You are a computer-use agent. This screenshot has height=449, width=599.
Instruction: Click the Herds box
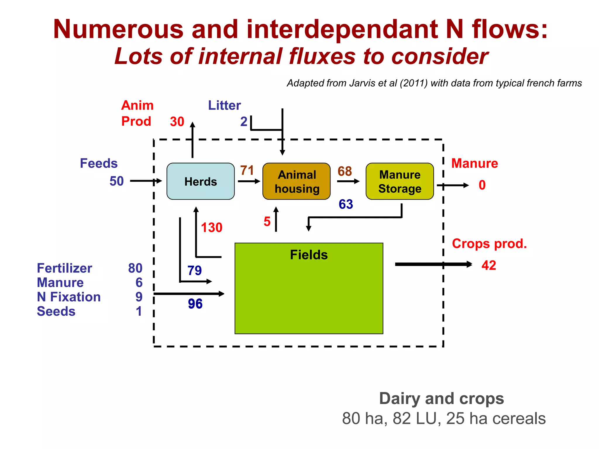[200, 182]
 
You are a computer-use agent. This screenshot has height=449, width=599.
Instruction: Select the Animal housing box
[297, 182]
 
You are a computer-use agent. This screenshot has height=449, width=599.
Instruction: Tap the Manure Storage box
[400, 182]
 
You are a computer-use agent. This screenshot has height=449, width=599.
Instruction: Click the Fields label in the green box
[309, 255]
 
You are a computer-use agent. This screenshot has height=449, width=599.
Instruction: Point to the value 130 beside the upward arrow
[211, 227]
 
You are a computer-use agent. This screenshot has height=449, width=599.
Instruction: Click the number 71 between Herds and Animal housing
[247, 170]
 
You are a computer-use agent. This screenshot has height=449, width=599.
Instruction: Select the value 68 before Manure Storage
[345, 171]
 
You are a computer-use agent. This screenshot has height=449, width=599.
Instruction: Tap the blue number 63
[346, 204]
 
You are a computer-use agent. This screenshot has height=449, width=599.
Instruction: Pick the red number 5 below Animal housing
[267, 222]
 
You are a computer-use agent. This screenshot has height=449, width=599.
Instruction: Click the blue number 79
[194, 270]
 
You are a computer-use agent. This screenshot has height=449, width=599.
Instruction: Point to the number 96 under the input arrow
[195, 304]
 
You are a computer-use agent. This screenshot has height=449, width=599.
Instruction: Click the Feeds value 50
[116, 181]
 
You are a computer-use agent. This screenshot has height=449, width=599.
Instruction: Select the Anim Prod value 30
[177, 122]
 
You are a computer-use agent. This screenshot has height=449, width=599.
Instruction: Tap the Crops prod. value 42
[489, 265]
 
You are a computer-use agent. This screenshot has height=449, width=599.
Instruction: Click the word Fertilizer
[64, 268]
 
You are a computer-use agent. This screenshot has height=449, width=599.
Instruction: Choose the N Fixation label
[69, 297]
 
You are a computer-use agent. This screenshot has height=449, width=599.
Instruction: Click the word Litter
[224, 105]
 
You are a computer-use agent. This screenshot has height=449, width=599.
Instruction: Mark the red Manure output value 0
[482, 185]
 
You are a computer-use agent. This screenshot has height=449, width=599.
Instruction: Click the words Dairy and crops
[441, 398]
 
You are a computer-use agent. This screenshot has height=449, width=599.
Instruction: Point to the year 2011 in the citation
[413, 83]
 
